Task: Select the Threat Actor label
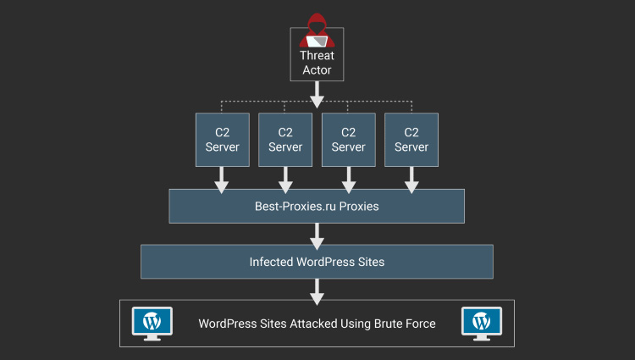click(x=317, y=64)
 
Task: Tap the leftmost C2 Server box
click(x=222, y=139)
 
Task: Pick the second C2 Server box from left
click(x=285, y=139)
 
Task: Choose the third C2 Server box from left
click(x=348, y=139)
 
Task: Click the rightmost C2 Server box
click(x=411, y=139)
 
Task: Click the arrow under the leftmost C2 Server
click(x=222, y=178)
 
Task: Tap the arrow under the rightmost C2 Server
click(x=411, y=178)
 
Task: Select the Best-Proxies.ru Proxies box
click(x=317, y=206)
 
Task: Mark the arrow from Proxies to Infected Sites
click(x=317, y=233)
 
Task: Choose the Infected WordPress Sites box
click(x=317, y=262)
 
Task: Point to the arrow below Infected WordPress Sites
click(x=317, y=290)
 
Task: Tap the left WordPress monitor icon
click(x=152, y=323)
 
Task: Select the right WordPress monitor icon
click(x=481, y=323)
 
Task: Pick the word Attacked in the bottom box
click(x=312, y=324)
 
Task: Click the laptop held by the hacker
click(x=317, y=41)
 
